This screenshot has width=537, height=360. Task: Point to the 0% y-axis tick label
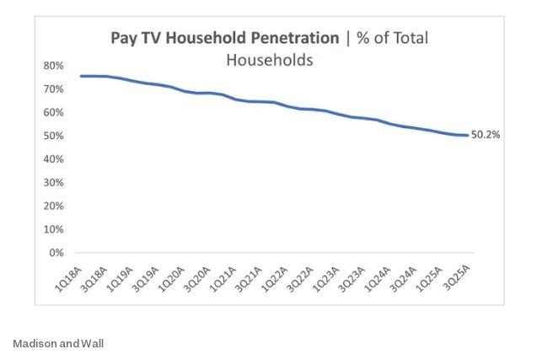click(56, 252)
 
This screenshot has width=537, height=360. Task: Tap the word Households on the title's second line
click(270, 60)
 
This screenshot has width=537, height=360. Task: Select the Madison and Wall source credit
click(58, 344)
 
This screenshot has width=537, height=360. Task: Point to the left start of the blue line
click(81, 76)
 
